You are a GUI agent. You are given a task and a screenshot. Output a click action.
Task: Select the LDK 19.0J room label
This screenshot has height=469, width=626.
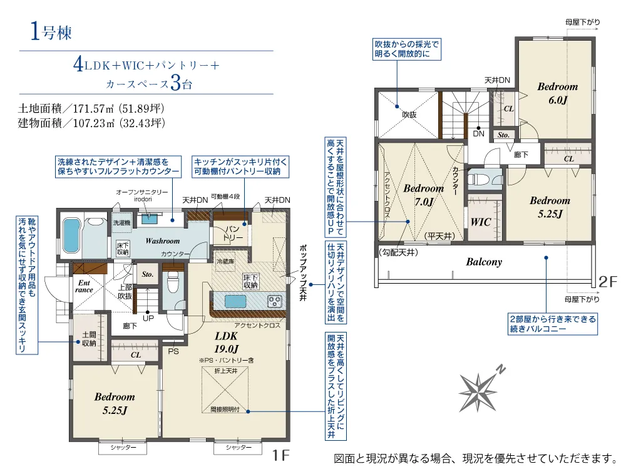(x=225, y=342)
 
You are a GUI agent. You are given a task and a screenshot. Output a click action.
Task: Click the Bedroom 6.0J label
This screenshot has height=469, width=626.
(x=557, y=93)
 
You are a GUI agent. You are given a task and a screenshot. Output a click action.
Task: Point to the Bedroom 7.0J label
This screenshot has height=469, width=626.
(x=423, y=195)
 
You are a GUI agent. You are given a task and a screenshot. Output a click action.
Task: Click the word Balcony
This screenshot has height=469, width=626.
(x=483, y=262)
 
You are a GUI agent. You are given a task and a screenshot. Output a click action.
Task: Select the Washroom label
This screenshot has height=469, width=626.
(x=162, y=240)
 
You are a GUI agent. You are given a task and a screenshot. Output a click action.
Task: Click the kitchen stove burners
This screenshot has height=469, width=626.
(x=275, y=301)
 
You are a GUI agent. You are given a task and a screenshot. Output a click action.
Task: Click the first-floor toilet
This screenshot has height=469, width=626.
(x=174, y=283)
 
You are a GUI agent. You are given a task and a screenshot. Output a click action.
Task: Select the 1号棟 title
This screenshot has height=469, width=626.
(x=53, y=31)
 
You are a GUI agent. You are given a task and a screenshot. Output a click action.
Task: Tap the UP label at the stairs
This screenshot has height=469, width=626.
(x=149, y=318)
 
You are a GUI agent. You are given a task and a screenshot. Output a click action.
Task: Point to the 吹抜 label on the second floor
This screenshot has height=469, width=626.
(x=409, y=115)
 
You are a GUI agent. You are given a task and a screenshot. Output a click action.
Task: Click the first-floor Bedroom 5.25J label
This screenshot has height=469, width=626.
(x=115, y=403)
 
